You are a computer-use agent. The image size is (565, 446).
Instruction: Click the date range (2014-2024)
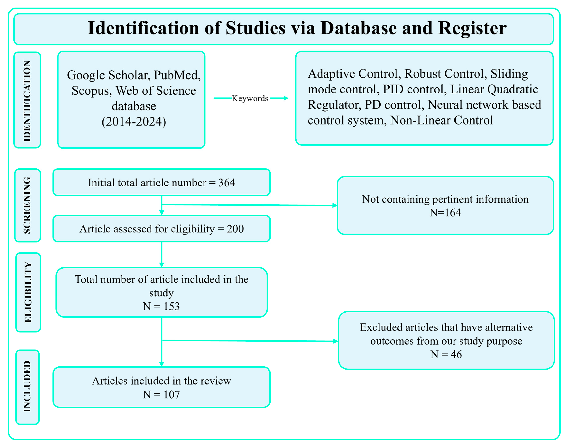[134, 122]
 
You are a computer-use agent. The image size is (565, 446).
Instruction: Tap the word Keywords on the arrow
[250, 98]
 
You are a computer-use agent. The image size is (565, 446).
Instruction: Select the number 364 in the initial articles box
[226, 183]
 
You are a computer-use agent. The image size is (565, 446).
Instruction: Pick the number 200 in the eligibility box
[235, 229]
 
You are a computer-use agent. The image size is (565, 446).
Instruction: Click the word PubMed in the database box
[177, 75]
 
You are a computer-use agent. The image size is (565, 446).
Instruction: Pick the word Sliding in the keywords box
[509, 74]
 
